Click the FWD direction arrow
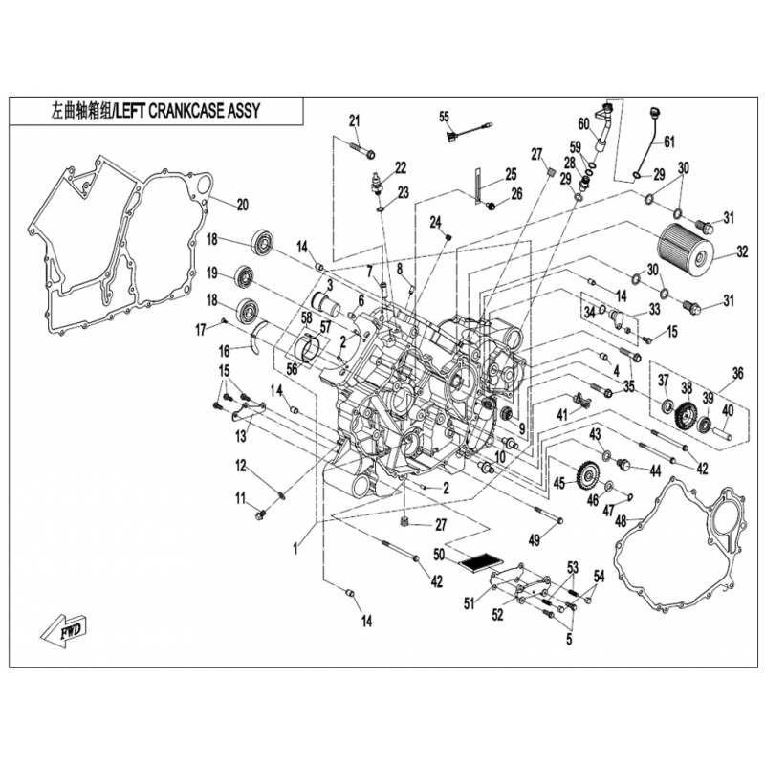(64, 628)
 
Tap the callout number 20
(242, 204)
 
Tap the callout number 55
(444, 117)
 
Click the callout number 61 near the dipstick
(668, 142)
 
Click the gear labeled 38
(685, 416)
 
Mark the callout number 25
(511, 174)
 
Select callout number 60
(583, 122)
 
